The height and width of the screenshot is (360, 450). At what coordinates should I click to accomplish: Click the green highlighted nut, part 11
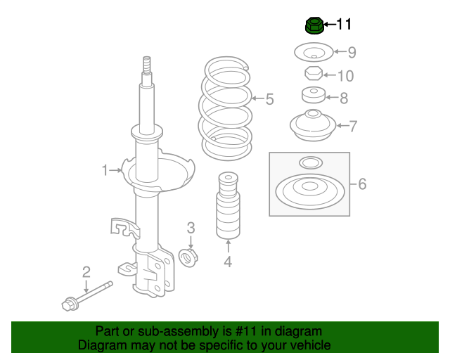(x=314, y=26)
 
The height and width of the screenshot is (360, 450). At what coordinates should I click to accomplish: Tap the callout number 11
(x=344, y=25)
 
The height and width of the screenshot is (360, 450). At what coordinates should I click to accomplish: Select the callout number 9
(x=352, y=51)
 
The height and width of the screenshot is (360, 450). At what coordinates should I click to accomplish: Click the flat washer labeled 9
(x=311, y=52)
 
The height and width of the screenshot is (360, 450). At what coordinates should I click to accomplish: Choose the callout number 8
(x=344, y=98)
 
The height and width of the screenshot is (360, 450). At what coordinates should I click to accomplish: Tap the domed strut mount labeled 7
(x=312, y=125)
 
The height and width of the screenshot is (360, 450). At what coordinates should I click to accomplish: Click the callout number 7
(x=353, y=127)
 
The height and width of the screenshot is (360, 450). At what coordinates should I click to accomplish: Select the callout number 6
(x=362, y=184)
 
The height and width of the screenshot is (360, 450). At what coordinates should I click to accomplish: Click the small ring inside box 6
(x=309, y=163)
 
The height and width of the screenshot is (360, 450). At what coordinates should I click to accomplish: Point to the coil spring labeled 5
(x=227, y=109)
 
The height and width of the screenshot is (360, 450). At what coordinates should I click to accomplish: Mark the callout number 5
(x=269, y=99)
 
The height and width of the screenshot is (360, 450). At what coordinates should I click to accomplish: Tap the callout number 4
(x=228, y=263)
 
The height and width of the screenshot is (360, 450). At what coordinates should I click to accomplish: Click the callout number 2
(x=86, y=271)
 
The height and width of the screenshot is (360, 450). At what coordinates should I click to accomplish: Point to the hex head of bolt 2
(x=70, y=304)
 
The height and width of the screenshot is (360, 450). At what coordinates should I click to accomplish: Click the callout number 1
(x=105, y=170)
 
